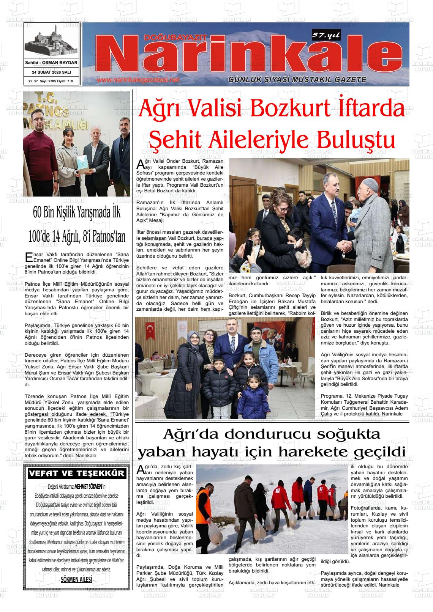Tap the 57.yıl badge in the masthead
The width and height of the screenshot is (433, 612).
(x=326, y=35)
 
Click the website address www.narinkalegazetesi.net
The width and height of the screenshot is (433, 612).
(x=137, y=80)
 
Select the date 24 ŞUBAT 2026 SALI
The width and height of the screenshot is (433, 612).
(x=51, y=72)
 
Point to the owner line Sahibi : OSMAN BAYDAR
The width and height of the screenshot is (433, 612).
(x=51, y=63)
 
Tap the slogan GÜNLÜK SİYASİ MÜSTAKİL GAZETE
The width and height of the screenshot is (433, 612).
(x=297, y=80)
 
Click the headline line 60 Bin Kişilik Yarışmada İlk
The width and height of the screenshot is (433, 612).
(x=77, y=213)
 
